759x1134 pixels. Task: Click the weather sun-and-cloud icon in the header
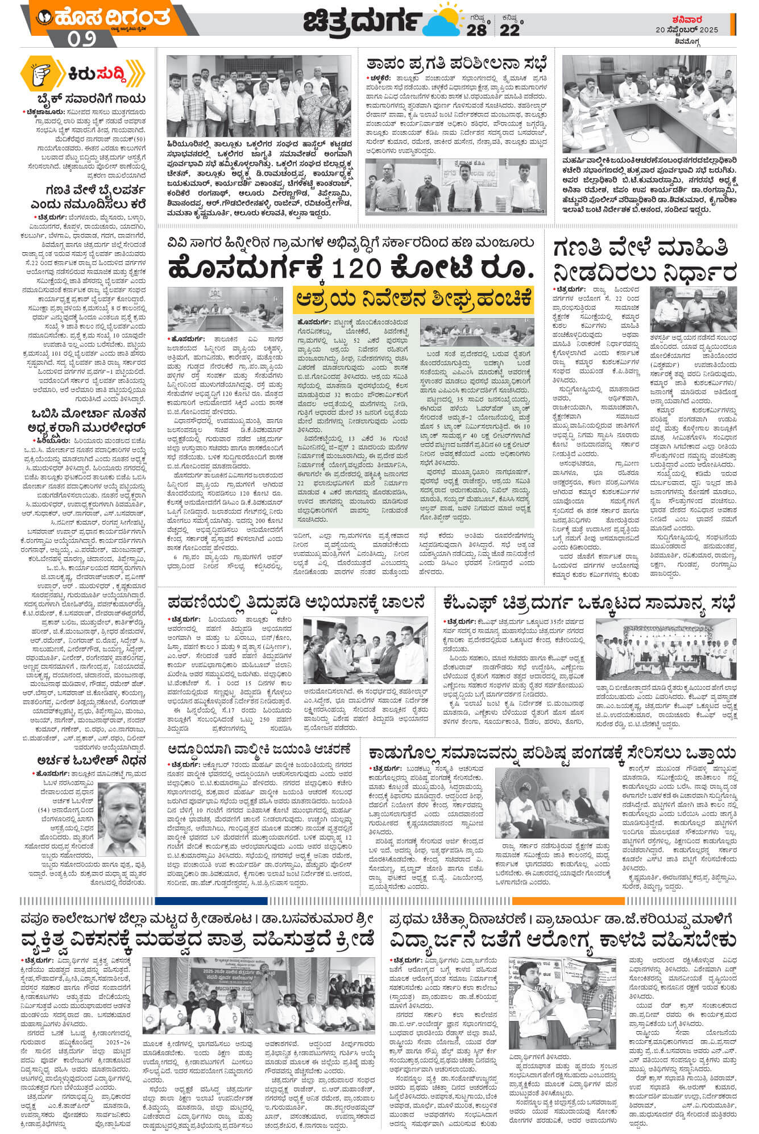(x=443, y=22)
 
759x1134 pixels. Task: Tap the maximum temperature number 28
(x=476, y=30)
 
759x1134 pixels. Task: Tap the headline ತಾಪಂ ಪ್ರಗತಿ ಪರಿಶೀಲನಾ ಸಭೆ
(x=457, y=62)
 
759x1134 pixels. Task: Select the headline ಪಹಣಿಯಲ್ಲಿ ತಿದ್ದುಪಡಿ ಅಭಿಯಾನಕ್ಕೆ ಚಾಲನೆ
(x=296, y=602)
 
